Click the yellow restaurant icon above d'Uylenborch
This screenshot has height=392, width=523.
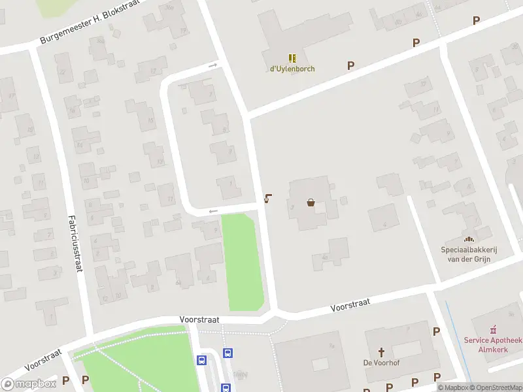point(292,58)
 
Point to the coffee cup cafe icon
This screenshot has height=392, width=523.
point(268,199)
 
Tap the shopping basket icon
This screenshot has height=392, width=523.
point(311,203)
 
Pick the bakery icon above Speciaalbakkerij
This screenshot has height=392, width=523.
point(469,238)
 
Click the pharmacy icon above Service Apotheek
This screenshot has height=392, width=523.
point(494,329)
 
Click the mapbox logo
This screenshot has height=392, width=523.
point(28,384)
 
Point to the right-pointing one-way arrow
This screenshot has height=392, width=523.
point(213,65)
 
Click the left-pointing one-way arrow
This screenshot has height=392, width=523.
point(213,211)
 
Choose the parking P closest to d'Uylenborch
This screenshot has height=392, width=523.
point(351,65)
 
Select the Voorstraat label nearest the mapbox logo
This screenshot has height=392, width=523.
point(43,359)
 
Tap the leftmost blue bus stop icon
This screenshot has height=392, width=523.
point(202,360)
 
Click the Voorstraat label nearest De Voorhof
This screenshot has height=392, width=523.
point(350,304)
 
